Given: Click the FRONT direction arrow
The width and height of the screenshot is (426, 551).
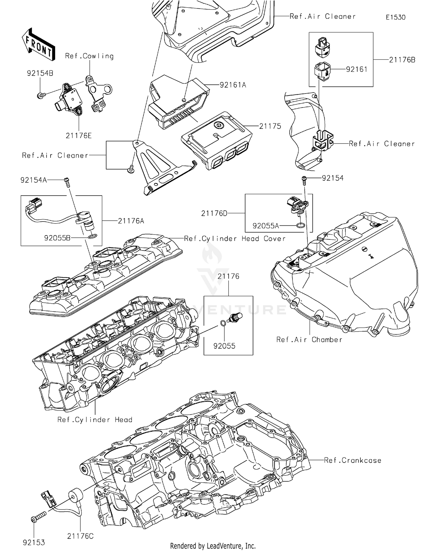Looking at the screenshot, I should [38, 44].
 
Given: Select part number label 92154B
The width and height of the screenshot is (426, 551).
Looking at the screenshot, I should [40, 73].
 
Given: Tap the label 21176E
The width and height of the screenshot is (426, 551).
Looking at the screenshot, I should [79, 136].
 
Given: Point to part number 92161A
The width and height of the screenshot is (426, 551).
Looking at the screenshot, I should [233, 85].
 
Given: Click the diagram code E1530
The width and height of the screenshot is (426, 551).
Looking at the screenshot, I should [395, 17].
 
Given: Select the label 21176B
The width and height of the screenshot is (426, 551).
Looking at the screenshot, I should [402, 60].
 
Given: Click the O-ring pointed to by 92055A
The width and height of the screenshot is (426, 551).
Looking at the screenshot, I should [301, 225].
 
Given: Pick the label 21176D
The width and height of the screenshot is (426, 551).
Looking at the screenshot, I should [214, 213].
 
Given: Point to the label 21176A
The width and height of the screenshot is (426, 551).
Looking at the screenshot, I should [131, 221].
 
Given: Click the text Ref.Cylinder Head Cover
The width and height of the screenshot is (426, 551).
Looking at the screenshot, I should [235, 239].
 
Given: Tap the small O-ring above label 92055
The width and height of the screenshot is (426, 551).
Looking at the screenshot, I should [223, 323].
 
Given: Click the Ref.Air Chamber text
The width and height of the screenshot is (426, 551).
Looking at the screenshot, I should [309, 339].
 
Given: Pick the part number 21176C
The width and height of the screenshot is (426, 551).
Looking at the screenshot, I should [80, 536].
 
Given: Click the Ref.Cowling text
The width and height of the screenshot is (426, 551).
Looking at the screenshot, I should [89, 56].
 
